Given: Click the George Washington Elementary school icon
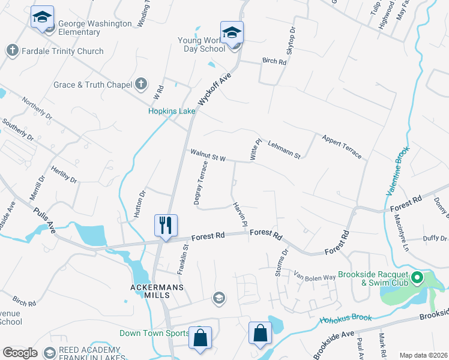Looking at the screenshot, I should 42,18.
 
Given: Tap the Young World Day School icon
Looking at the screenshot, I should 232,34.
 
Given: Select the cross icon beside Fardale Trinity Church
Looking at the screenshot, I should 12,51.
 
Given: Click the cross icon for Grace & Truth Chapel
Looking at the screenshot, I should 140,85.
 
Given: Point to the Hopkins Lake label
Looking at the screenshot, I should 172,111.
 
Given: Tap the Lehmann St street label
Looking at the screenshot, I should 284,149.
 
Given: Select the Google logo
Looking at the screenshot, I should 20,353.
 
